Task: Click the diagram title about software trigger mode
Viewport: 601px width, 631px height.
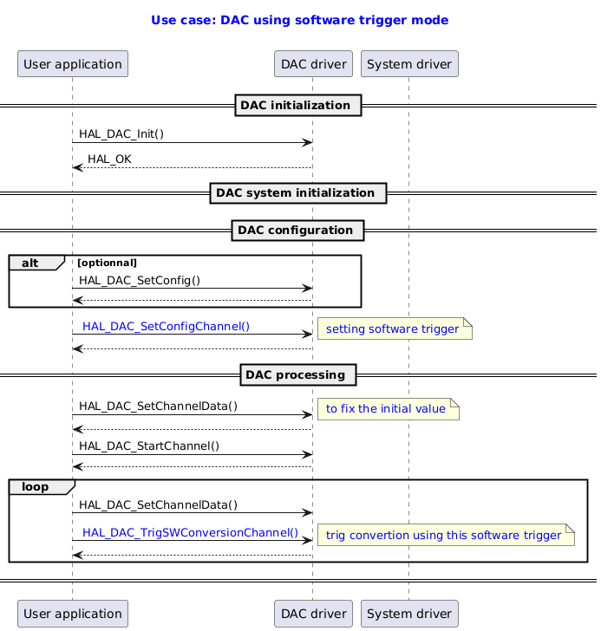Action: click(299, 19)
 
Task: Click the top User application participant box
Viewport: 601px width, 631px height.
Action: click(72, 63)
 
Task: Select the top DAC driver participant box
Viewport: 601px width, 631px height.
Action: click(312, 63)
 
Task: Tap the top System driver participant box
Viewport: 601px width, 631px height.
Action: click(408, 63)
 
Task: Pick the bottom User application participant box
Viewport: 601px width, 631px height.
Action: click(72, 614)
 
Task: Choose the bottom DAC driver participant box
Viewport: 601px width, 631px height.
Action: click(312, 614)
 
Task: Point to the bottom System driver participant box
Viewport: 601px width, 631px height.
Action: click(408, 614)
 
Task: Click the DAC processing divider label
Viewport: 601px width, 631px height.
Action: click(298, 375)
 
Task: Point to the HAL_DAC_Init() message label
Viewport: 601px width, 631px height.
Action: click(121, 133)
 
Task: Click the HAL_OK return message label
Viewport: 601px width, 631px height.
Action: click(109, 159)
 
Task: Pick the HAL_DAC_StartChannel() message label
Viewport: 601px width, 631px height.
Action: click(149, 446)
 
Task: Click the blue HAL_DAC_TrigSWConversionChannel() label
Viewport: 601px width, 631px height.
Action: click(190, 532)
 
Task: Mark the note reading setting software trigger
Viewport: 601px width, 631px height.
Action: click(395, 329)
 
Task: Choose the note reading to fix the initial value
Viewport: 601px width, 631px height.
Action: click(388, 409)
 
